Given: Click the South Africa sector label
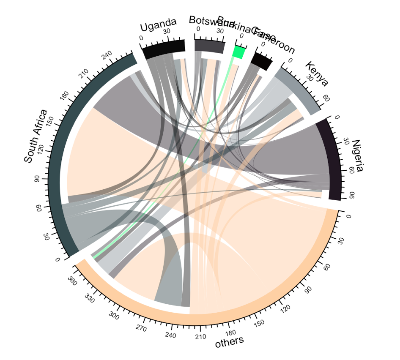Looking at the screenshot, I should coord(35,136).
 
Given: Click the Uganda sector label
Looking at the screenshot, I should coord(158,26).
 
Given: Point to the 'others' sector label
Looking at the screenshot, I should coord(229,341).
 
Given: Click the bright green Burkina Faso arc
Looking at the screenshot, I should coord(239,52).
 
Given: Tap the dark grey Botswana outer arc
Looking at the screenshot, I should coord(209,46).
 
